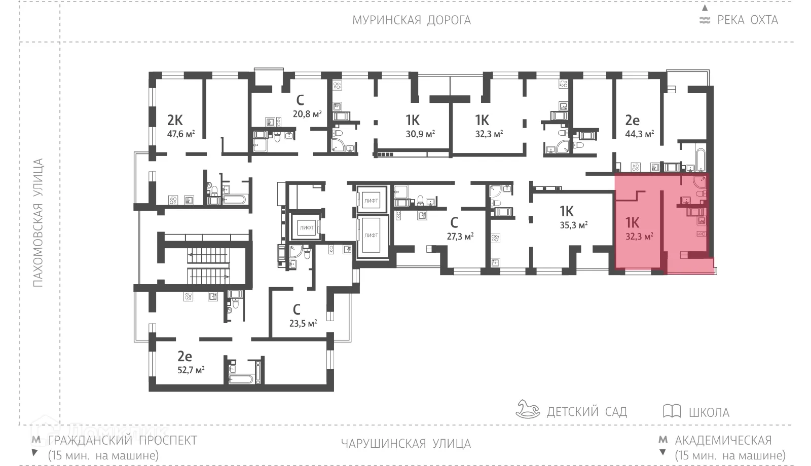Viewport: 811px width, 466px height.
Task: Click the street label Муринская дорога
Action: point(411,20)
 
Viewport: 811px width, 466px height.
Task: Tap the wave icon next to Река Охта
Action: point(705,21)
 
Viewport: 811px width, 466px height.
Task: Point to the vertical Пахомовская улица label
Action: point(39,223)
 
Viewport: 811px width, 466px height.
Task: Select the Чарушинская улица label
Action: point(405,444)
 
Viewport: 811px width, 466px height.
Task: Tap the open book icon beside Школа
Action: point(672,411)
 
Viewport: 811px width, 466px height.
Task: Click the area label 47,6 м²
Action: point(181,134)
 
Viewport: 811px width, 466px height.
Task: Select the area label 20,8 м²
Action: point(307,114)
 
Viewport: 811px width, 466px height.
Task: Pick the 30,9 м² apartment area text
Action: point(420,134)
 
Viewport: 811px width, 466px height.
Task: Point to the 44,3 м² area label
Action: point(639,134)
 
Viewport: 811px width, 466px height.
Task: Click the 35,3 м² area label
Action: point(573,225)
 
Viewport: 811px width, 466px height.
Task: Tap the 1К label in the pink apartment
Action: point(632,222)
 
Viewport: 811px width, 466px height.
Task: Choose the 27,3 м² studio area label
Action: point(460,236)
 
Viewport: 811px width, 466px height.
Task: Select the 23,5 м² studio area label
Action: point(303,323)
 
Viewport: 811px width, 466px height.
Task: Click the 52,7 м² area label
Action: point(191,370)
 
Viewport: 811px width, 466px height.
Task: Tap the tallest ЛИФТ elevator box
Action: point(371,236)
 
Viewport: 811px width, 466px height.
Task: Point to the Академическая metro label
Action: point(723,440)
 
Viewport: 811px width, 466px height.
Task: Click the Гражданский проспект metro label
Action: point(122,440)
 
